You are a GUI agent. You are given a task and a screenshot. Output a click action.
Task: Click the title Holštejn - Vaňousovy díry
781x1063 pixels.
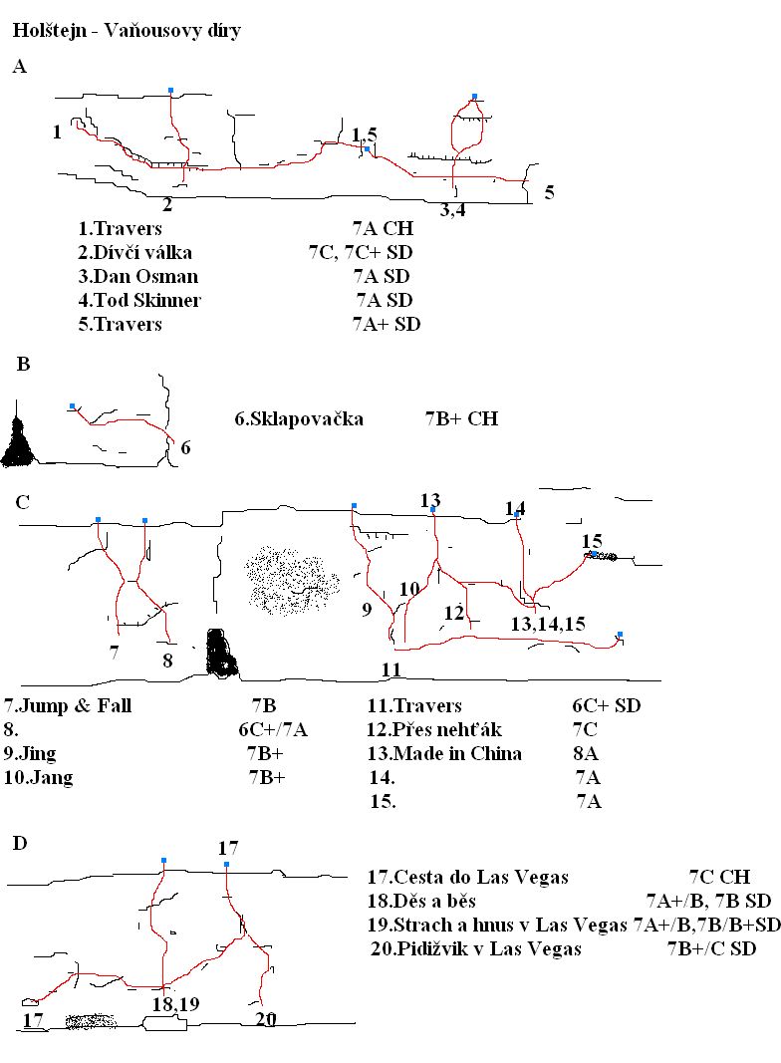click(x=127, y=32)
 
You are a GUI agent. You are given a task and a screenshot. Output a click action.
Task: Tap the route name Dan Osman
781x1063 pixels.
click(x=144, y=276)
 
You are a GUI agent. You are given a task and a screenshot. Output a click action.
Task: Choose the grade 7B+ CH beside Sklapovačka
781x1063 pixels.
click(x=461, y=419)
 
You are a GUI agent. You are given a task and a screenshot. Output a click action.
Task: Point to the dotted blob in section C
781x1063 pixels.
click(x=290, y=578)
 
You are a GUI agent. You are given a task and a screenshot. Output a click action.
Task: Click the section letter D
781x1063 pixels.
click(x=20, y=844)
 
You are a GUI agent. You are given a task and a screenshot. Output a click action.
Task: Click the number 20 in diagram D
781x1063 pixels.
click(x=266, y=1019)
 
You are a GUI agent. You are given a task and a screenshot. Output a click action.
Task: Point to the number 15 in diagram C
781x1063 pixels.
click(x=592, y=542)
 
